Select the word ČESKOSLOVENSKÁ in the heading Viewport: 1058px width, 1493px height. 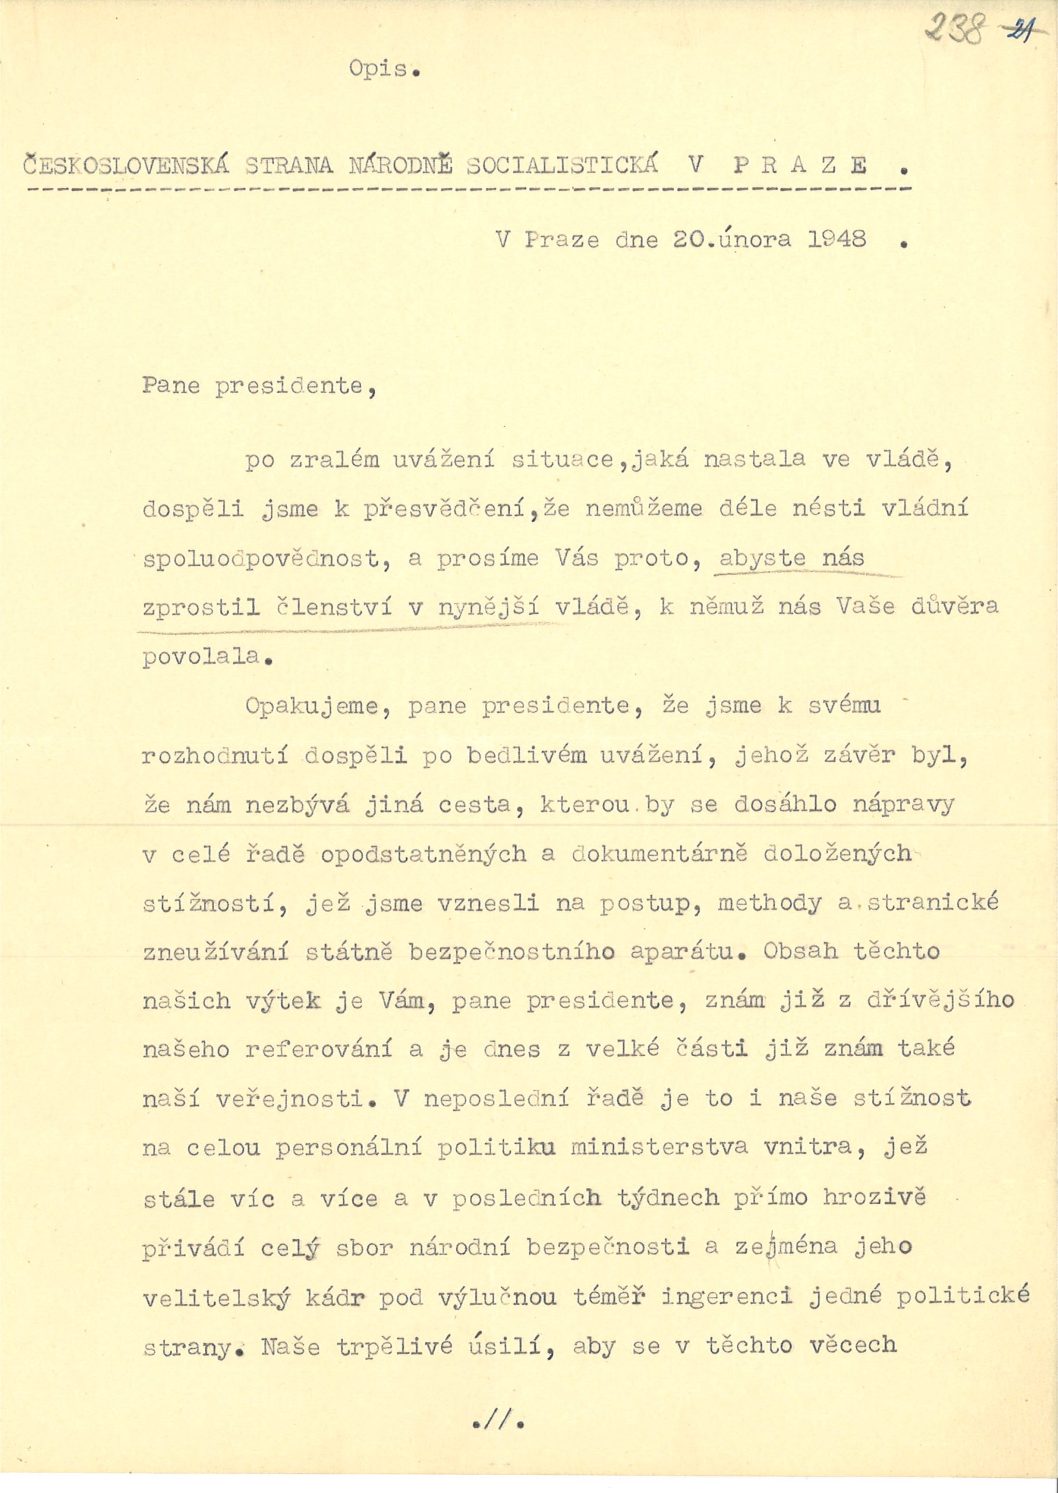click(127, 166)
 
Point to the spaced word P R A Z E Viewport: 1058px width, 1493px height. click(801, 166)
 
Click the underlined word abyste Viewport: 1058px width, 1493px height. click(762, 559)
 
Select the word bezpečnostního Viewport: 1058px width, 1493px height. click(511, 952)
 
